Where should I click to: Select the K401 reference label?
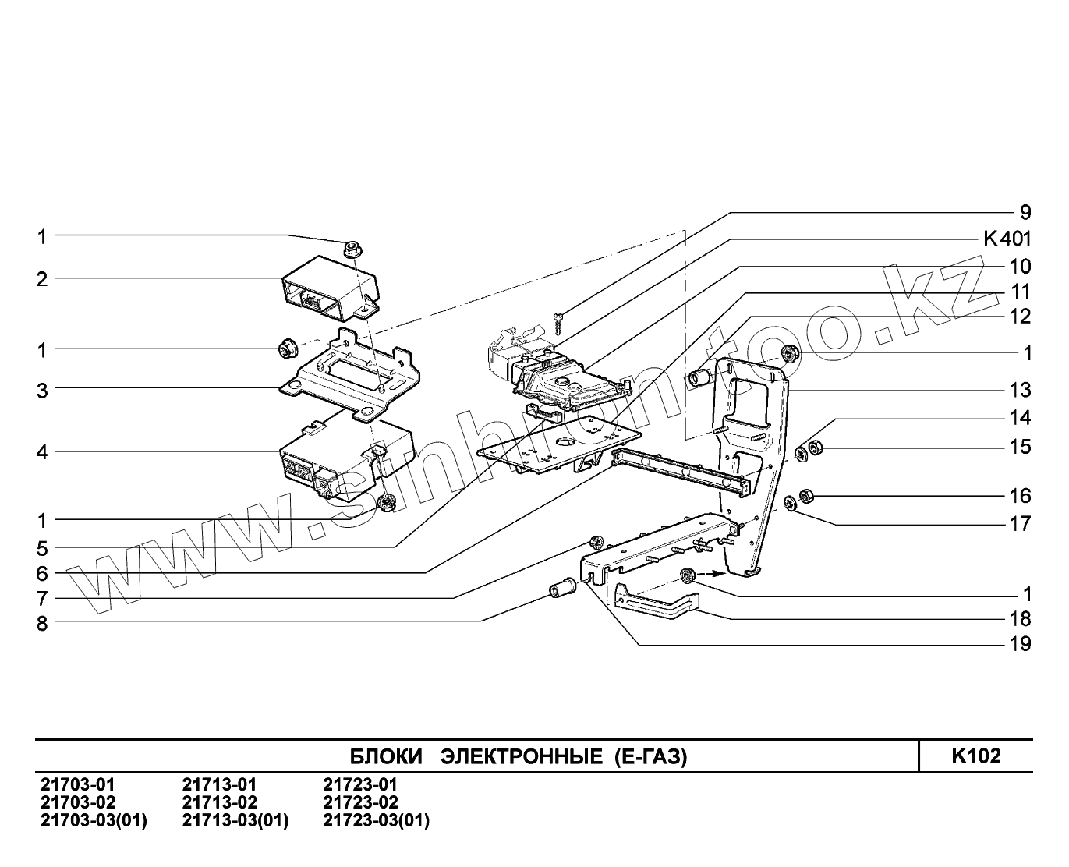pos(1007,239)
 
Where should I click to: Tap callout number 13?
pos(1020,389)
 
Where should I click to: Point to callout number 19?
pos(1020,644)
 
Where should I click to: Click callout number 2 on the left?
pos(42,279)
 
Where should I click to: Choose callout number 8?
pos(42,623)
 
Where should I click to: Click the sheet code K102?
pos(975,756)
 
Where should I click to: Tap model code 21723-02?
pos(360,802)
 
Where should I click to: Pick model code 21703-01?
pos(76,784)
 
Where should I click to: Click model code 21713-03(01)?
pos(235,820)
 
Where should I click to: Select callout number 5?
pos(42,547)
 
